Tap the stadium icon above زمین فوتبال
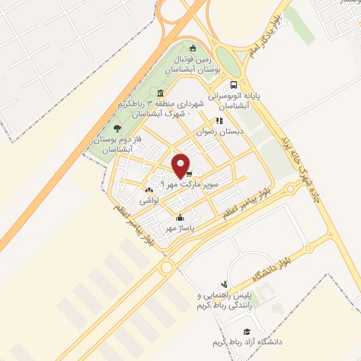click(x=193, y=48)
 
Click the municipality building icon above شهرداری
click(x=161, y=94)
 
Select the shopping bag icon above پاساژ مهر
click(x=181, y=217)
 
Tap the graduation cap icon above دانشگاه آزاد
click(x=246, y=331)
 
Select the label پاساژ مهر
click(x=180, y=228)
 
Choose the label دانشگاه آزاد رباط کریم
click(x=247, y=342)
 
